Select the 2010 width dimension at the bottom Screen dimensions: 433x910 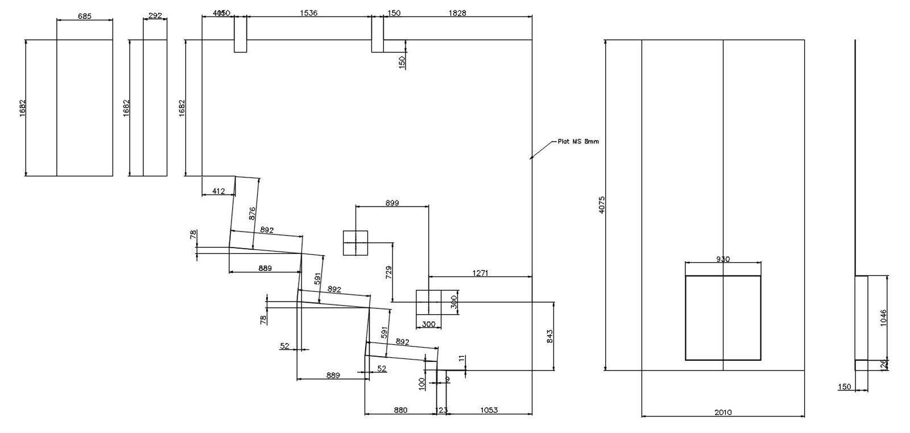click(723, 413)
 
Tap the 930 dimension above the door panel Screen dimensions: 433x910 click(723, 259)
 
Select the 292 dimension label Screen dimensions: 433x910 click(155, 15)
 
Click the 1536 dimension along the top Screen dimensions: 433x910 click(309, 13)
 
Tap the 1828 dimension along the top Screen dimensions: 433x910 click(457, 13)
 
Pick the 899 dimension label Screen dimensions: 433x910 click(392, 203)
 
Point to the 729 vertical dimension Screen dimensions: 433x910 click(388, 272)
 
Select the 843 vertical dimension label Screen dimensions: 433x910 click(549, 336)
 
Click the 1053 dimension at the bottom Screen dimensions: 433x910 click(489, 410)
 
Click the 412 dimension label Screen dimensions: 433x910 click(218, 191)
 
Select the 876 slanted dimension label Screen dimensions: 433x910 click(253, 213)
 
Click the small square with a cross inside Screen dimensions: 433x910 click(356, 243)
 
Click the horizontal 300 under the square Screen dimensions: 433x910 click(428, 324)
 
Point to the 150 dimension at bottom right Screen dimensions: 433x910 click(845, 387)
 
